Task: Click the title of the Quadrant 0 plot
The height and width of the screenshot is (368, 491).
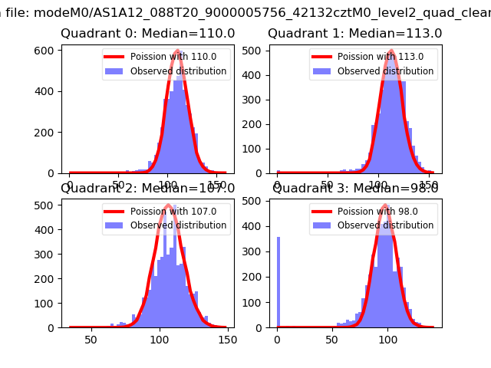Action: tap(148, 34)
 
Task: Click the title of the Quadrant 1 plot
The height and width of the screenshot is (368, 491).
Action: tap(354, 34)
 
